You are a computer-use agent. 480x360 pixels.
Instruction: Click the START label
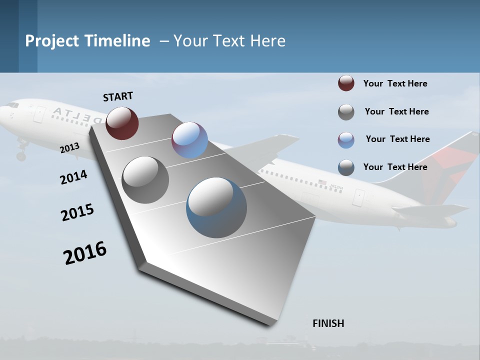click(x=118, y=96)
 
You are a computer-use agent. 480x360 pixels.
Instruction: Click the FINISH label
click(x=328, y=323)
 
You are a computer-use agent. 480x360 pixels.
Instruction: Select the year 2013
click(x=69, y=147)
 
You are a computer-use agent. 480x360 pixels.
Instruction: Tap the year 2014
click(x=73, y=177)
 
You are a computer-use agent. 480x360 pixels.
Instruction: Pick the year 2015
click(x=77, y=212)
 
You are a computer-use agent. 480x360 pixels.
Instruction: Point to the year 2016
click(x=85, y=252)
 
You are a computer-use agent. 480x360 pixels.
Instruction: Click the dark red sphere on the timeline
click(x=122, y=123)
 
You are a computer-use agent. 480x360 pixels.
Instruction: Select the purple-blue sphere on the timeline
click(x=189, y=140)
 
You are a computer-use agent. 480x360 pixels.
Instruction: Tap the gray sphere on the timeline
click(x=145, y=180)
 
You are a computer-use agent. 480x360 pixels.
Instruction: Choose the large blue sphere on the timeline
click(x=216, y=207)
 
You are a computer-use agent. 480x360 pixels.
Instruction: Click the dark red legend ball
click(x=346, y=83)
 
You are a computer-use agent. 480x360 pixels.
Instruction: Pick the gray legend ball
click(x=346, y=112)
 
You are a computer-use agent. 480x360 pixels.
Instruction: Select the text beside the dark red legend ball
click(x=395, y=83)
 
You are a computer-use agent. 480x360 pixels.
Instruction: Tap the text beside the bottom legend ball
click(x=395, y=167)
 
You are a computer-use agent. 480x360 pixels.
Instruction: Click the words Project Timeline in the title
click(x=87, y=41)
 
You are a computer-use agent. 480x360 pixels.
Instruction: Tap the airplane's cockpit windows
click(x=13, y=105)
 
